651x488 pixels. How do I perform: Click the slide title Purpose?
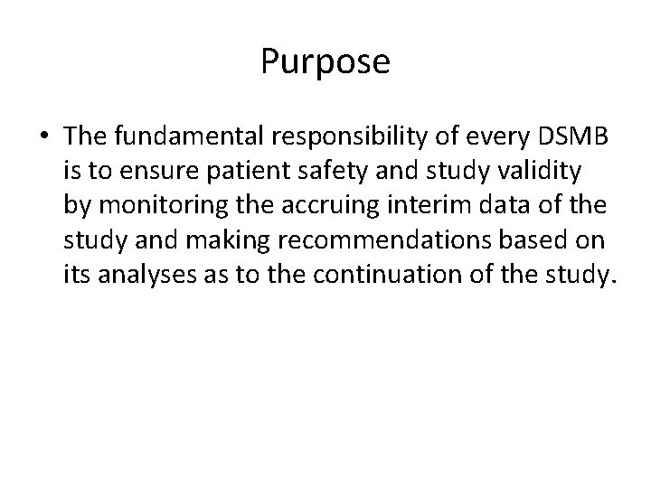click(325, 62)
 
